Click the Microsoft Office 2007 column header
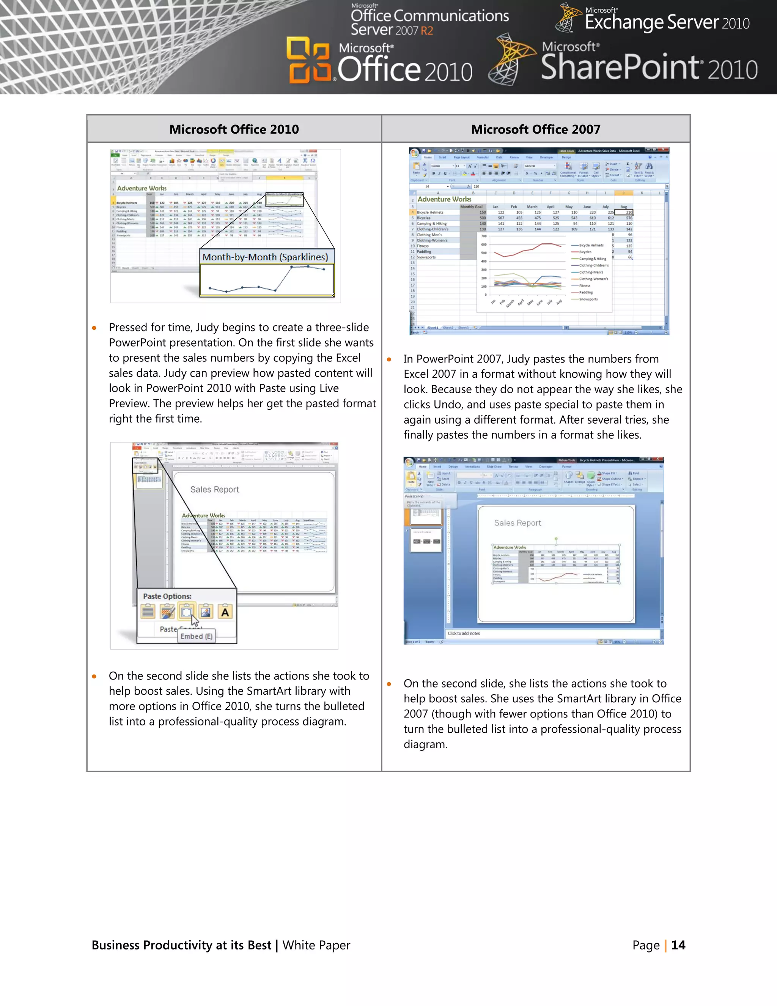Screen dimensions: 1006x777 [535, 129]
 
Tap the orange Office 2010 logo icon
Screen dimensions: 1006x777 [308, 60]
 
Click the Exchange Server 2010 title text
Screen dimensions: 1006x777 [667, 22]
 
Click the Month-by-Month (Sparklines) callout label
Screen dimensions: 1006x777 [265, 257]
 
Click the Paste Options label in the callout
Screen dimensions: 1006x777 [167, 596]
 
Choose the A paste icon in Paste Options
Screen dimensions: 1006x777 [225, 612]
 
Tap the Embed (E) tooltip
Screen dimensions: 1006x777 [197, 636]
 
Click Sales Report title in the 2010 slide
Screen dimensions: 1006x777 [214, 490]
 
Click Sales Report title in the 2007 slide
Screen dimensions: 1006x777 [517, 523]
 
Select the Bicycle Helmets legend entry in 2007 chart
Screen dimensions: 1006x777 [591, 246]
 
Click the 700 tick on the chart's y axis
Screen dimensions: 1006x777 [484, 236]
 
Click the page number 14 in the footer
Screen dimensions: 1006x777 [678, 945]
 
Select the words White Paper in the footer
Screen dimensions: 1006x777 [316, 945]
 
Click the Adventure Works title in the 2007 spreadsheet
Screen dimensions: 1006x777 [444, 199]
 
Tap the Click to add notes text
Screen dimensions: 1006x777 [464, 633]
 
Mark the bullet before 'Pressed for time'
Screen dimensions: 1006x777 [94, 328]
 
